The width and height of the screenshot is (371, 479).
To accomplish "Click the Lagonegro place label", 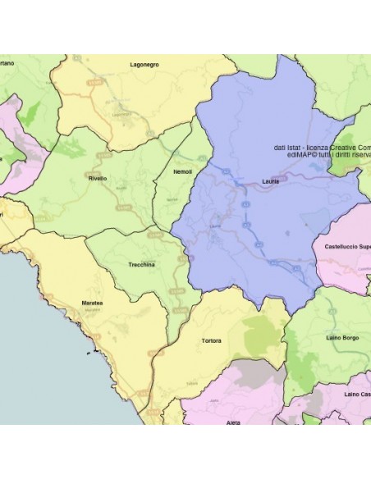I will tap(144, 63).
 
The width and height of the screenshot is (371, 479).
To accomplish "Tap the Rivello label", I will tap(97, 177).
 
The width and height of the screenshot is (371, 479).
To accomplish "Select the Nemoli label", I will tap(182, 171).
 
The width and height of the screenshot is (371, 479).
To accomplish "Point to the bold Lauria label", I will tap(270, 180).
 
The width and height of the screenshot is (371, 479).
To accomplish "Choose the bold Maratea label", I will tap(92, 303).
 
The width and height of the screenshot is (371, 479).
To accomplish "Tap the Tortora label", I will tap(211, 340).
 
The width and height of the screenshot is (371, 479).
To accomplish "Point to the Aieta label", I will tap(233, 422).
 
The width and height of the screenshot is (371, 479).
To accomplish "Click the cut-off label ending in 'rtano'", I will tap(7, 63).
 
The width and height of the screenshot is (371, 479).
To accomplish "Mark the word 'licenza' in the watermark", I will tap(320, 148).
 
